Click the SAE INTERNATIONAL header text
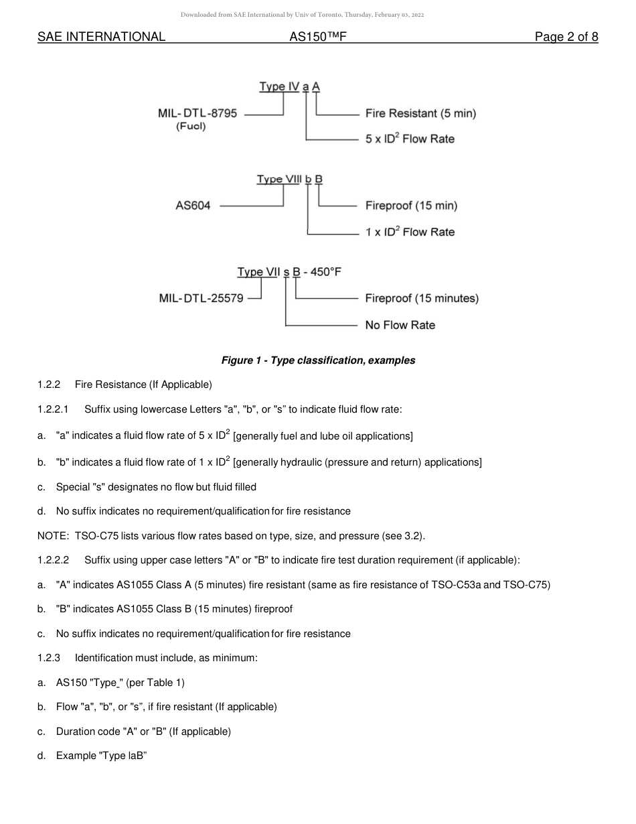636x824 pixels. tap(101, 38)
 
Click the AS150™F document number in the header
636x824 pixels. tap(317, 38)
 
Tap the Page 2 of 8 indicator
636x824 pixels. tap(566, 38)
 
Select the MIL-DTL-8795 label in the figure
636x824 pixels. tap(197, 113)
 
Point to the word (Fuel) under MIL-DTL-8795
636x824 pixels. tap(191, 127)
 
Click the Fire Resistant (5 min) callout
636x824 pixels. tap(420, 113)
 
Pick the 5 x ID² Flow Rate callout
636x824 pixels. tap(410, 139)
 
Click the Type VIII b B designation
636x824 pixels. tap(290, 180)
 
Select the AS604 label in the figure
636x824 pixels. tap(193, 206)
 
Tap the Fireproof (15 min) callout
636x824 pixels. tap(411, 206)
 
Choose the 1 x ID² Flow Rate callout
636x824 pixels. tap(410, 232)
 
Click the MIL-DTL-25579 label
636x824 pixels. tap(201, 298)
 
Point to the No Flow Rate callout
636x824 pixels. tap(400, 325)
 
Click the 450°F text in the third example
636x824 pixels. tap(329, 272)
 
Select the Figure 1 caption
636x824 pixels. tap(318, 360)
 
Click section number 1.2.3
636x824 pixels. tap(49, 658)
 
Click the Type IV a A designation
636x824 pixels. tap(290, 86)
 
